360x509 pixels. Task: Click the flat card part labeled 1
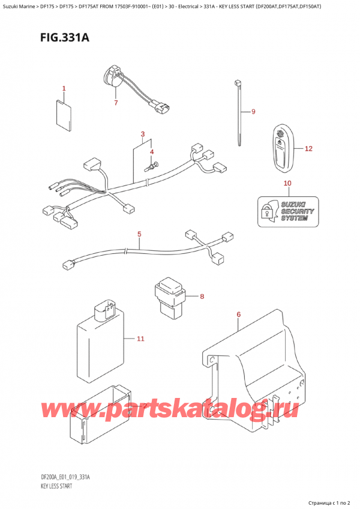point(64,114)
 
